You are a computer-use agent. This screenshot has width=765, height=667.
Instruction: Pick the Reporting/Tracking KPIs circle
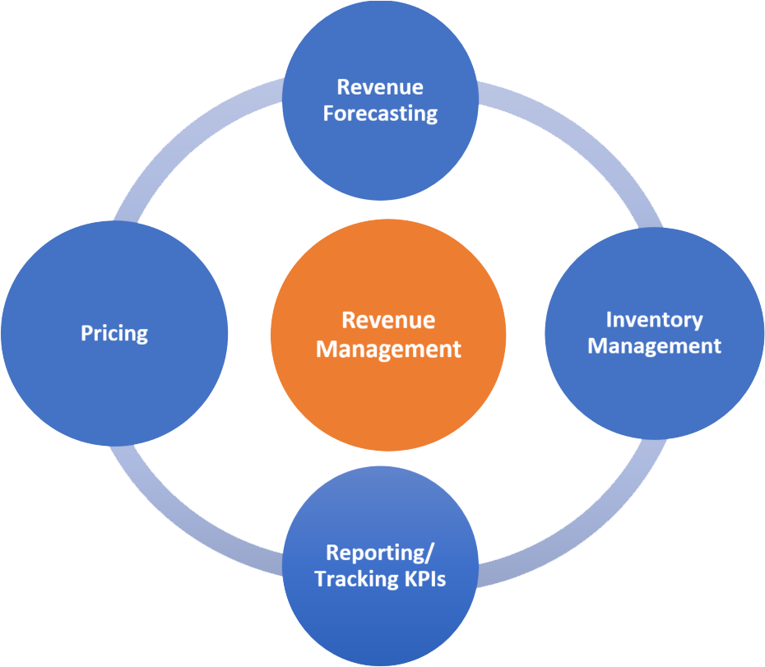point(380,617)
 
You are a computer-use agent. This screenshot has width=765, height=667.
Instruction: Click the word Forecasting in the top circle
point(380,113)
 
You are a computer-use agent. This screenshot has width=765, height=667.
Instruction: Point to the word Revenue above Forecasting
point(380,87)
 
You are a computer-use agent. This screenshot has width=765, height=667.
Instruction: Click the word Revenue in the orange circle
point(388,321)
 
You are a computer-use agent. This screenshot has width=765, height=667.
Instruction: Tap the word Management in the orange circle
point(388,349)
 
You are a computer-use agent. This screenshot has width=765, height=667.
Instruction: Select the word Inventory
point(654,319)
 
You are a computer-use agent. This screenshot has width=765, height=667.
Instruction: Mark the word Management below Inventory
point(654,346)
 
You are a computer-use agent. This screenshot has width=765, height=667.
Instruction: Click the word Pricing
point(114,333)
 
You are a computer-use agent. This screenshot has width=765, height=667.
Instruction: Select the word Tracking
point(354,579)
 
